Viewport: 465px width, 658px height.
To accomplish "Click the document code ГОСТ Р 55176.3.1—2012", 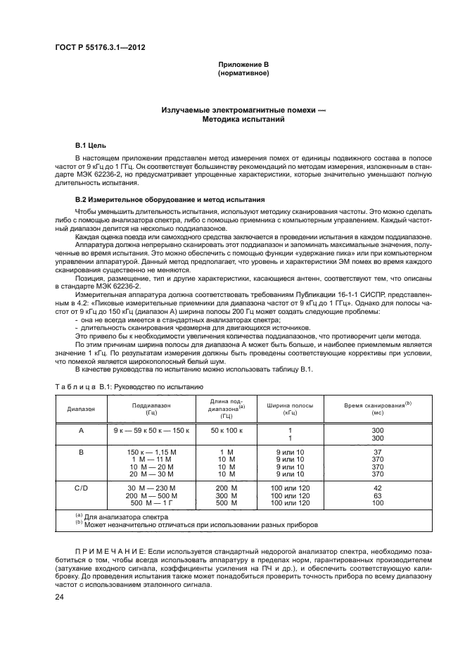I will [x=104, y=48].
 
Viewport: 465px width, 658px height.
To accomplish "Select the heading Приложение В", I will [x=243, y=65].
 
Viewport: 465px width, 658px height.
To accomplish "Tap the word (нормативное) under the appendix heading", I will [x=243, y=73].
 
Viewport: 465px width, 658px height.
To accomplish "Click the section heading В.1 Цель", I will [x=91, y=144].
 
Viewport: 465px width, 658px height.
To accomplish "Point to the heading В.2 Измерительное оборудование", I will [x=170, y=199].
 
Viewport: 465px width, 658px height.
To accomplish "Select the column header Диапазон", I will [x=81, y=408].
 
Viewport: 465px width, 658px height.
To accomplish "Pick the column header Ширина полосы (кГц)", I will [x=289, y=408].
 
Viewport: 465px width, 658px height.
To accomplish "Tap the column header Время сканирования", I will [x=377, y=407].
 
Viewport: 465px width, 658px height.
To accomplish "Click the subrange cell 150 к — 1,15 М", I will [x=151, y=452].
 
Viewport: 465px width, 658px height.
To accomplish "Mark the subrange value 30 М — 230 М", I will [x=151, y=488].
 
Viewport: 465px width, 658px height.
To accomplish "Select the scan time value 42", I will [x=377, y=488].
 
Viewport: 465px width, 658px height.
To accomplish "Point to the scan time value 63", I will [x=377, y=495].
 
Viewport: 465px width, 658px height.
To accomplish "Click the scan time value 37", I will [x=377, y=452].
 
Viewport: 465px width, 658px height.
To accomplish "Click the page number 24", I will [x=60, y=597].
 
